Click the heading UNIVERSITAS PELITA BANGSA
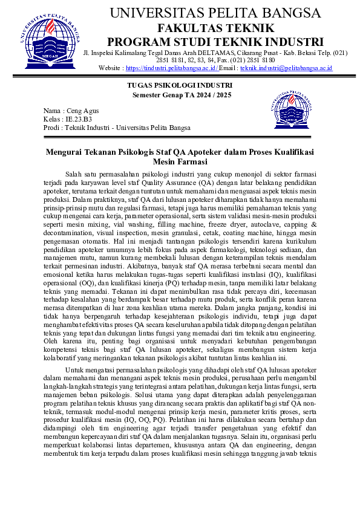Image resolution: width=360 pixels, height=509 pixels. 215,13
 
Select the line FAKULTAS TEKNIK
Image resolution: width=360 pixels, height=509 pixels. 215,28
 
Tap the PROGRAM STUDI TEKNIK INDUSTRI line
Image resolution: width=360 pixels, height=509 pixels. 215,42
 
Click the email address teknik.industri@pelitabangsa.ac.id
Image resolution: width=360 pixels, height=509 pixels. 286,68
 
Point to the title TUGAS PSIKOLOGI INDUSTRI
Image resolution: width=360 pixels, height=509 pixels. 180,86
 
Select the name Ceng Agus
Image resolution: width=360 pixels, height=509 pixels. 82,111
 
